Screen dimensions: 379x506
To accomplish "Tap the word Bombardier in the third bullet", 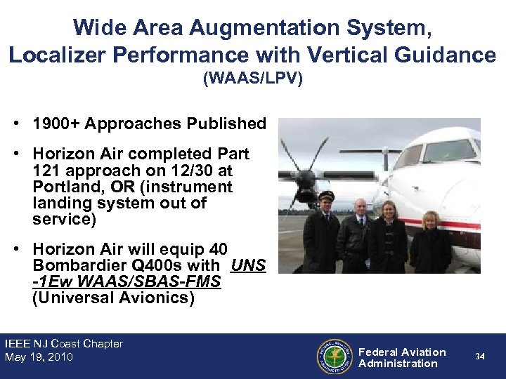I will pyautogui.click(x=72, y=267).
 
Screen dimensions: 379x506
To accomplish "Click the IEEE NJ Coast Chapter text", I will pyautogui.click(x=63, y=344).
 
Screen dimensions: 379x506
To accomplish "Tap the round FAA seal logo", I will pyautogui.click(x=333, y=357).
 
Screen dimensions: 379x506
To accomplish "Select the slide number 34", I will pyautogui.click(x=479, y=357).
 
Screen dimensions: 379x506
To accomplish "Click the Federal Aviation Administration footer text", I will pyautogui.click(x=402, y=357).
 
